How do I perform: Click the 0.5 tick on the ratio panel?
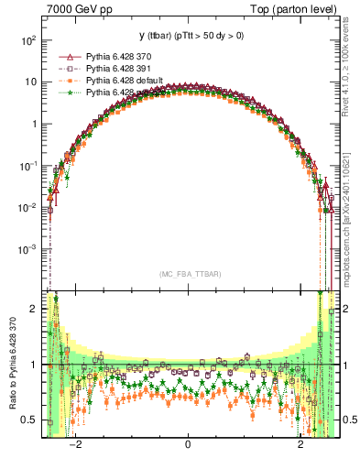31,420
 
